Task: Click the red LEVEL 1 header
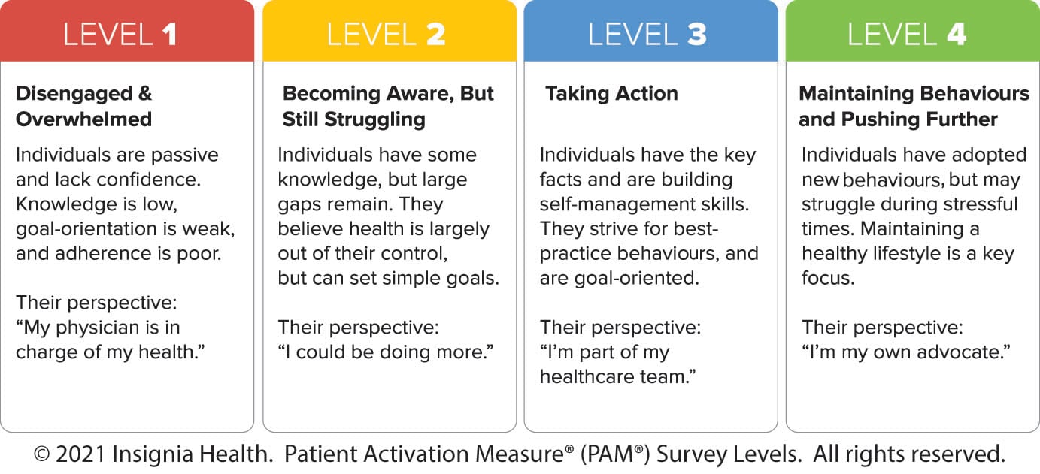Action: point(127,31)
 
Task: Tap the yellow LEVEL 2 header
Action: point(390,31)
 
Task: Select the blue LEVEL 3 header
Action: point(651,31)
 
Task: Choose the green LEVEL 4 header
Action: point(913,31)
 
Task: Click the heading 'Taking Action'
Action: point(611,94)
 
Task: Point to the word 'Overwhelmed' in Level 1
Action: point(84,119)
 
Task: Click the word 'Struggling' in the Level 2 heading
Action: point(374,120)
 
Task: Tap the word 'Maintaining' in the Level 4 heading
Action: point(857,94)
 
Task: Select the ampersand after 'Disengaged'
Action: point(145,94)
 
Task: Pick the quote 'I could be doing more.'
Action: point(386,352)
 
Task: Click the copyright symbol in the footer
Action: point(42,454)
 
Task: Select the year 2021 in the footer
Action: point(80,454)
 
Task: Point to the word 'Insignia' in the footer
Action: point(153,454)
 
